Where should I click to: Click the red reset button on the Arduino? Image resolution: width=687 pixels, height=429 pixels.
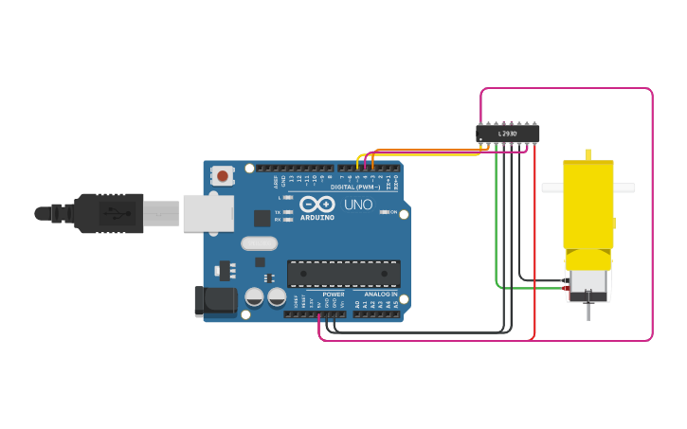tap(223, 175)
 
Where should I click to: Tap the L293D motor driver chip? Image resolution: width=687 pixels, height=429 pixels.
tap(507, 134)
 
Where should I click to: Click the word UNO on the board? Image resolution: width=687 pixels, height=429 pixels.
tap(357, 205)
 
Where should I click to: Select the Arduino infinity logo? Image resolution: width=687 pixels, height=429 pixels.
tap(316, 204)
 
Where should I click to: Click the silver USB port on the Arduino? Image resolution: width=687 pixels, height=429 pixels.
tap(208, 213)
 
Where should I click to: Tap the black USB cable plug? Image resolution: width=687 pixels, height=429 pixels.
tap(109, 213)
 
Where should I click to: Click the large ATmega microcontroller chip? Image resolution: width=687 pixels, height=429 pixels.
tap(343, 274)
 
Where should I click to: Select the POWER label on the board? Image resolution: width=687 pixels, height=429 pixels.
tap(334, 294)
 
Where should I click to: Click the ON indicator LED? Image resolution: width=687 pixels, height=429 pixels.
tap(383, 212)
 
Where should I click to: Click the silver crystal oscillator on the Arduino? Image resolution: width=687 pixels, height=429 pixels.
tap(259, 243)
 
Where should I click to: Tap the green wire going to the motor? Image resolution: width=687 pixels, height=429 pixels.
tap(497, 227)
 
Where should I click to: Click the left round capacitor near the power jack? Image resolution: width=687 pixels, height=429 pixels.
tap(254, 297)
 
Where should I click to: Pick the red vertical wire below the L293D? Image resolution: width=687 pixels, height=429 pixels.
tap(534, 237)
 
